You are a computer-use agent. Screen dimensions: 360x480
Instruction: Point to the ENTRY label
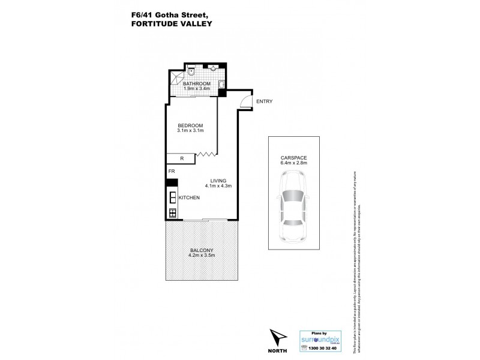264,101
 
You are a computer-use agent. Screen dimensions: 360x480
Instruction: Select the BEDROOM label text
191,125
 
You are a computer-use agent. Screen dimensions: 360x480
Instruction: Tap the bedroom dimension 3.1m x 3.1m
191,131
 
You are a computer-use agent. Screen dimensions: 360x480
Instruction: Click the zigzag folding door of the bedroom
205,155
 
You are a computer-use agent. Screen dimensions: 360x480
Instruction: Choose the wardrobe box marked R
182,159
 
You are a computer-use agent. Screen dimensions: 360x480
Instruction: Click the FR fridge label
171,172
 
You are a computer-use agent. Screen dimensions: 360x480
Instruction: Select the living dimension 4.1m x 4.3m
218,186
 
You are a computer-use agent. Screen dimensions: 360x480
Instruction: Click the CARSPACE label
293,158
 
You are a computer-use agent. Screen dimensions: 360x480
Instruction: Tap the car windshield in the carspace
293,196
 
